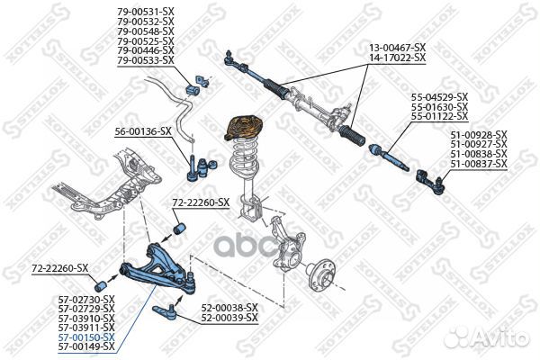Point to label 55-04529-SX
point(439,96)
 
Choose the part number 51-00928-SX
point(479,134)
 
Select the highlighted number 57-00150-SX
point(87,337)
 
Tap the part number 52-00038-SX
point(229,307)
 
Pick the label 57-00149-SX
point(87,346)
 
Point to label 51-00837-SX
point(479,165)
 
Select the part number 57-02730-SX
point(87,298)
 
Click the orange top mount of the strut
point(242,125)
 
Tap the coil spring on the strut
point(242,162)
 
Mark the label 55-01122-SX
point(439,116)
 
